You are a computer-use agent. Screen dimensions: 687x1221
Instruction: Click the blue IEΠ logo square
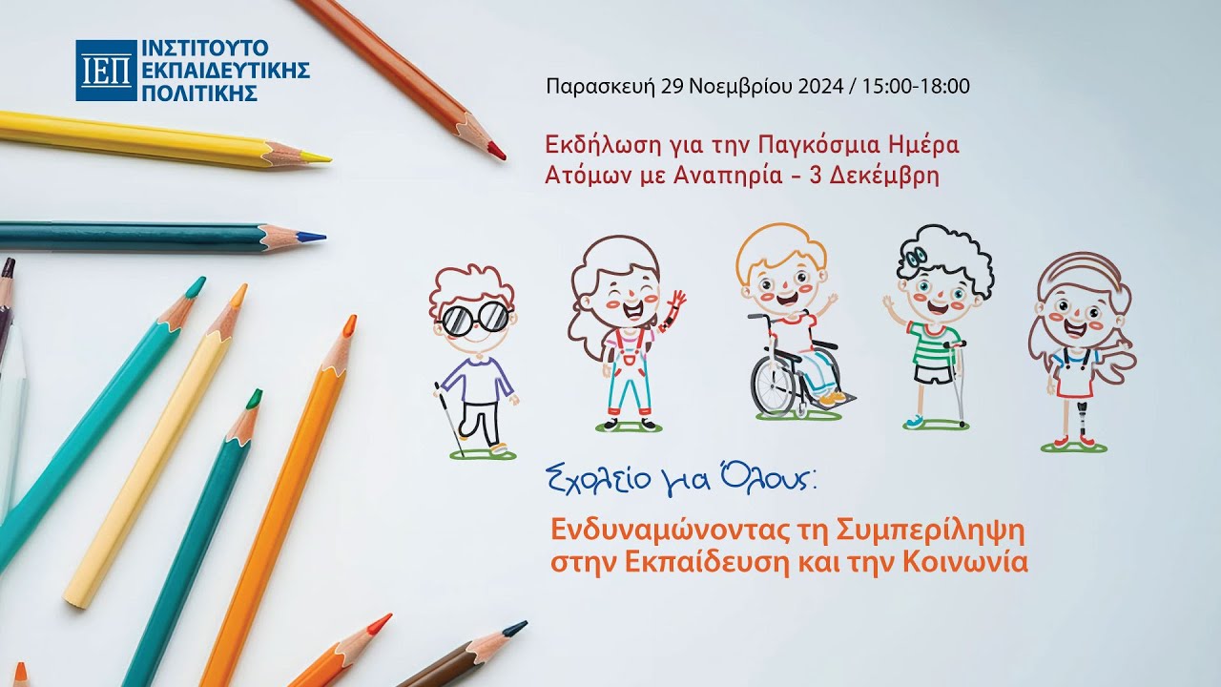105,71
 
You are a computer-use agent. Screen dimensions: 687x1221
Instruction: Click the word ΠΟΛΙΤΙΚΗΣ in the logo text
200,94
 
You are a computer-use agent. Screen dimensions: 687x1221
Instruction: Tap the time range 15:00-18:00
916,86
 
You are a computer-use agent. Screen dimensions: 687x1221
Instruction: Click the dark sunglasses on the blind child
474,319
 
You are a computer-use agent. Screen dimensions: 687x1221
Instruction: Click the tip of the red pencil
497,152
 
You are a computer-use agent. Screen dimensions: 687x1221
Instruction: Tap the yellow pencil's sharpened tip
323,157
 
